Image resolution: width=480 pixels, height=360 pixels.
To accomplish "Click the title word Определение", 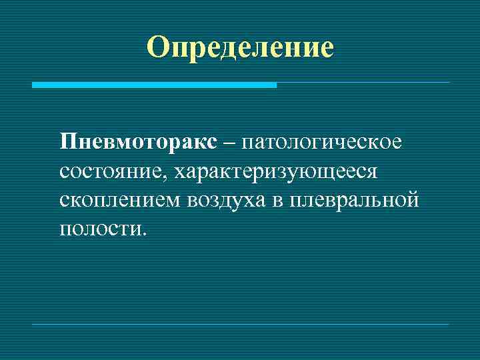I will (x=240, y=47).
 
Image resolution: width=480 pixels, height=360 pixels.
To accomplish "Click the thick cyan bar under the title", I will (x=154, y=85).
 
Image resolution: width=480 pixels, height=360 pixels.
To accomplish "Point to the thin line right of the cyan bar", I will (x=363, y=83).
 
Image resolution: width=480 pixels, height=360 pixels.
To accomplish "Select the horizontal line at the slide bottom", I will (x=240, y=325).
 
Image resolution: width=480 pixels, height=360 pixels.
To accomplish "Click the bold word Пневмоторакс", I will (x=138, y=143).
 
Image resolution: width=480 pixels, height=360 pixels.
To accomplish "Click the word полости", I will (x=98, y=230).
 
